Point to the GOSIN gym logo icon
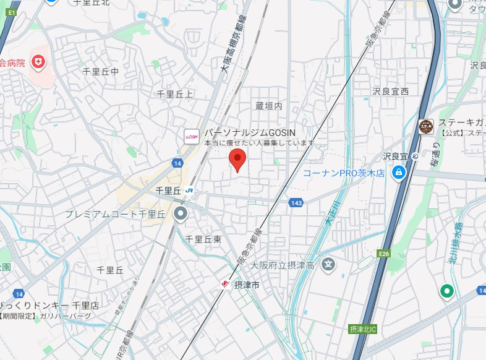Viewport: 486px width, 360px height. (x=192, y=135)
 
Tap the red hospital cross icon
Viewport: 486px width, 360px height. (x=40, y=62)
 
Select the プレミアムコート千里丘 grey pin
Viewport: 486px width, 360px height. (x=181, y=214)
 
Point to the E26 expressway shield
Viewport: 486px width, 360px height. (x=384, y=254)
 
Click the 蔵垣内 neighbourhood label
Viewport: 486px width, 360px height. (x=268, y=106)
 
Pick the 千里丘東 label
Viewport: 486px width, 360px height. (x=203, y=238)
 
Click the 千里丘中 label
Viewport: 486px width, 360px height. (x=100, y=72)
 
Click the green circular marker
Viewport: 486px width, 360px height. (x=446, y=289)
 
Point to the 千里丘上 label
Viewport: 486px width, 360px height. (x=174, y=93)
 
